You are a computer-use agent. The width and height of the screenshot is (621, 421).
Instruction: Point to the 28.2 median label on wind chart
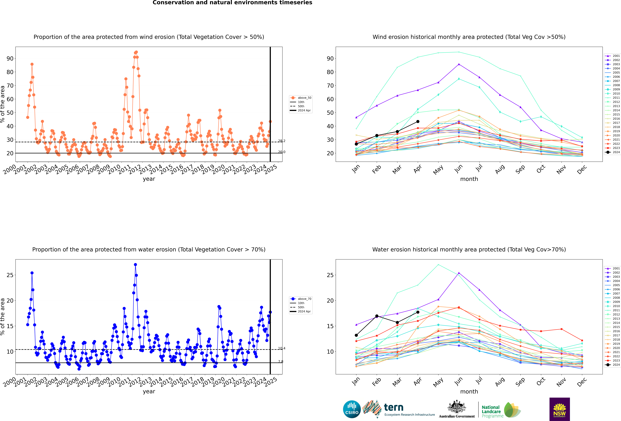coord(282,141)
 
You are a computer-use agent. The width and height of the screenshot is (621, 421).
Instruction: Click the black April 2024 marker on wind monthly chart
coord(418,122)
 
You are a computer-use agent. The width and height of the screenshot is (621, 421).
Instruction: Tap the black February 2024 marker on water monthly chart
coord(377,316)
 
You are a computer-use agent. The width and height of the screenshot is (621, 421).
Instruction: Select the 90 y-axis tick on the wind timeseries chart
coord(10,59)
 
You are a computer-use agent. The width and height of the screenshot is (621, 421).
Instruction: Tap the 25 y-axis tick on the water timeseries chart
coord(10,275)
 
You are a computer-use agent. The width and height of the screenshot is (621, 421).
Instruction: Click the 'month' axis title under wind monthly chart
coord(469,179)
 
